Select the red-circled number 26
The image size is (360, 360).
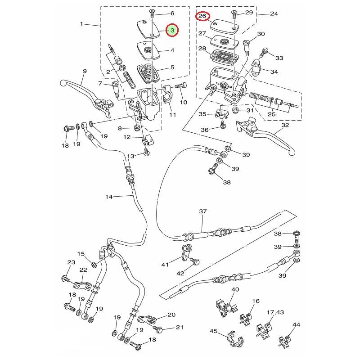click(202, 16)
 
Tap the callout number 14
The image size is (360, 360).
click(109, 197)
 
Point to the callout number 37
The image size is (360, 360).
click(202, 211)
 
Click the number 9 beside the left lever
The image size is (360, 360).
click(84, 71)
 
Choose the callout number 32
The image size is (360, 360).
click(284, 126)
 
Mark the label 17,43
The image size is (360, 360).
click(275, 312)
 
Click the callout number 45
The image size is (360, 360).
click(213, 332)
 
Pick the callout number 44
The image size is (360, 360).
click(296, 324)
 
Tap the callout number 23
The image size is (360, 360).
click(71, 263)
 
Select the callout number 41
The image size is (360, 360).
click(165, 265)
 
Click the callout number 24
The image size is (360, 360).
click(274, 14)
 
